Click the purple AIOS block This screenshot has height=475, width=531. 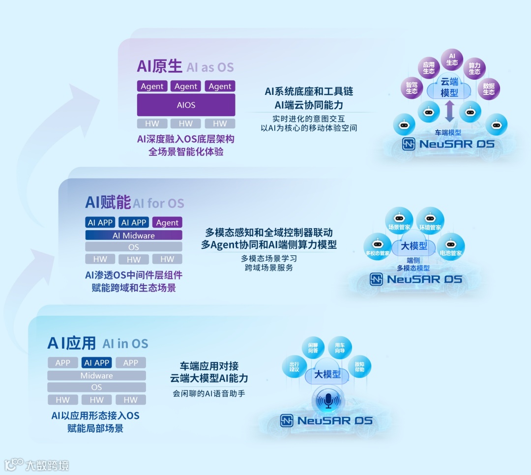tap(186, 105)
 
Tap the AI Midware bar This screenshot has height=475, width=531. tap(134, 236)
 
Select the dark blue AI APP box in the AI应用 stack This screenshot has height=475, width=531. tap(97, 363)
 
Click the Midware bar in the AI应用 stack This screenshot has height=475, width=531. tap(97, 376)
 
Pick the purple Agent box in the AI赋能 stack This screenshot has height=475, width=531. tap(167, 223)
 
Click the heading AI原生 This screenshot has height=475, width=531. tap(159, 66)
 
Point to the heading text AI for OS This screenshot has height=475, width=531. tap(158, 203)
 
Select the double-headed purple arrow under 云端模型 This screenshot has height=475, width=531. tap(449, 112)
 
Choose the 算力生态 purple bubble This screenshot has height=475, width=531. tap(474, 68)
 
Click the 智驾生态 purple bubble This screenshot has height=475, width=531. tap(412, 88)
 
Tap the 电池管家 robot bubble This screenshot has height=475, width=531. tap(450, 247)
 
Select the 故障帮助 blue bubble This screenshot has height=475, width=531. tap(359, 367)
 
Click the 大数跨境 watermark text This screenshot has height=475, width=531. tap(47, 465)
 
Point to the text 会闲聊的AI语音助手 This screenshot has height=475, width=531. tap(208, 393)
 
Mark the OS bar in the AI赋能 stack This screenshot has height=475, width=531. tap(134, 247)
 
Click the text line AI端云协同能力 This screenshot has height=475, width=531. tap(309, 105)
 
